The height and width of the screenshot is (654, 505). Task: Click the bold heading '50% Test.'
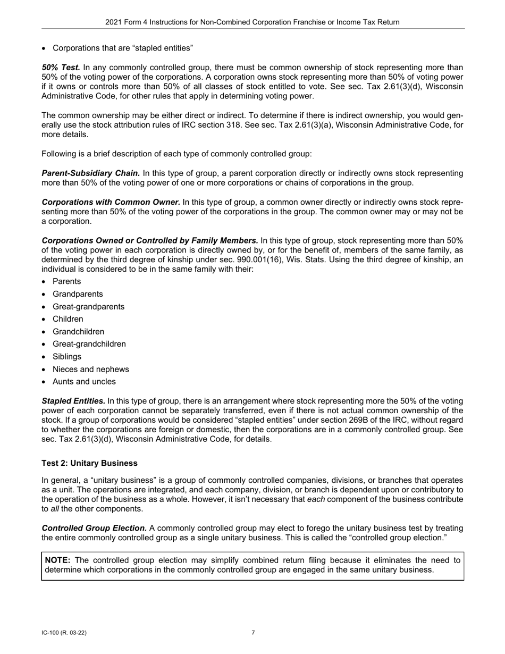pyautogui.click(x=61, y=68)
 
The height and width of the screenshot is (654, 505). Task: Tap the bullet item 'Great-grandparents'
pyautogui.click(x=88, y=307)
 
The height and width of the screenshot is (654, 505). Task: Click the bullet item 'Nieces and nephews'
pyautogui.click(x=90, y=369)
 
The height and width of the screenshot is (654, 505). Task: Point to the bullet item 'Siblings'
pyautogui.click(x=67, y=357)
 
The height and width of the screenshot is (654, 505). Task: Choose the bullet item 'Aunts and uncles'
pyautogui.click(x=84, y=382)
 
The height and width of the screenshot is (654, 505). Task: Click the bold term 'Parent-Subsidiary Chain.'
pyautogui.click(x=91, y=173)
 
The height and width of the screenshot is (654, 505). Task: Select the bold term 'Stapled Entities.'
pyautogui.click(x=73, y=401)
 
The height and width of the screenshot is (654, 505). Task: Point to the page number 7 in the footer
pyautogui.click(x=253, y=633)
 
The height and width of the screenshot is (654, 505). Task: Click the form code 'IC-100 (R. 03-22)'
pyautogui.click(x=64, y=633)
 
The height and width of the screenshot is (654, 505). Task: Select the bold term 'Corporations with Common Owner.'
pyautogui.click(x=111, y=202)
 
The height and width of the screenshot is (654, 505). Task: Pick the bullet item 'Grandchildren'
pyautogui.click(x=79, y=332)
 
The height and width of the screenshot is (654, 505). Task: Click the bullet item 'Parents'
pyautogui.click(x=67, y=282)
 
